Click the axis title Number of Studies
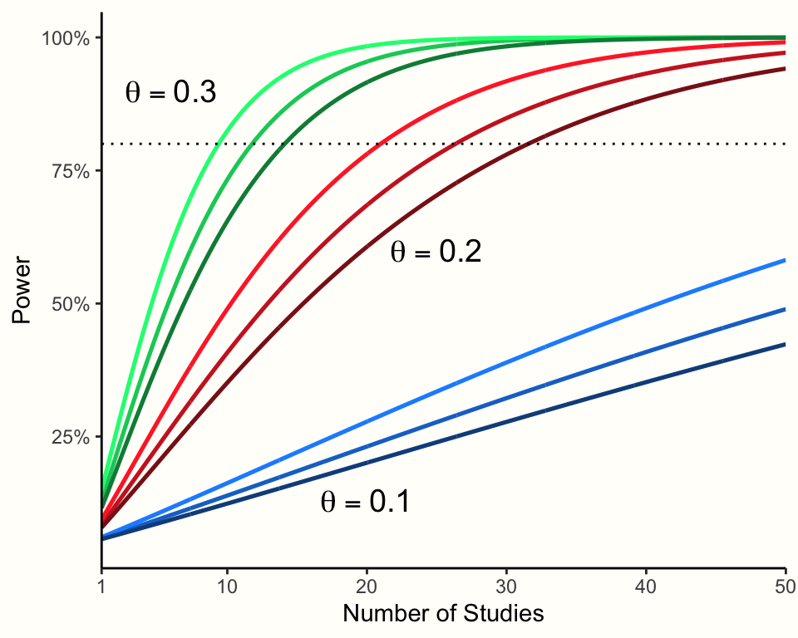coord(443,614)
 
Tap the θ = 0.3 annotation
coord(170,93)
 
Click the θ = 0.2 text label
coord(436,253)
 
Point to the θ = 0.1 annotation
coord(364,503)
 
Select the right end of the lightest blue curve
coord(784,261)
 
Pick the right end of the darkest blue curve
coord(784,345)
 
